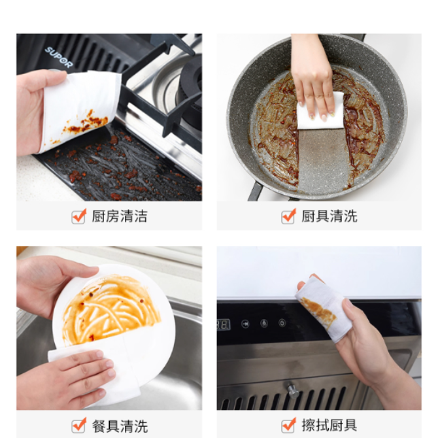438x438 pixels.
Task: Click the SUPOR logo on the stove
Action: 59,58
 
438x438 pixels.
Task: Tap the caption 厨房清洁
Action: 120,216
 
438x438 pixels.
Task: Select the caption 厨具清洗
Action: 329,216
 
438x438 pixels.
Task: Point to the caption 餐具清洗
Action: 120,426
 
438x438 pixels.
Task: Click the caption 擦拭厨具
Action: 329,426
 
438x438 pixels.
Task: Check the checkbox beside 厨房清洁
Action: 78,216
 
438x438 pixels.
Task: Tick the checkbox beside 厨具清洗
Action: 288,216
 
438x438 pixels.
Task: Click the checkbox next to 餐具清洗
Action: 78,426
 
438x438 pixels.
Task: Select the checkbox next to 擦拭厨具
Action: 288,426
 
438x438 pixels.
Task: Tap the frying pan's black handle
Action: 255,192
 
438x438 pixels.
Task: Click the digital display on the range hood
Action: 224,325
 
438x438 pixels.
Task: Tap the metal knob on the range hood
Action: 292,390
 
